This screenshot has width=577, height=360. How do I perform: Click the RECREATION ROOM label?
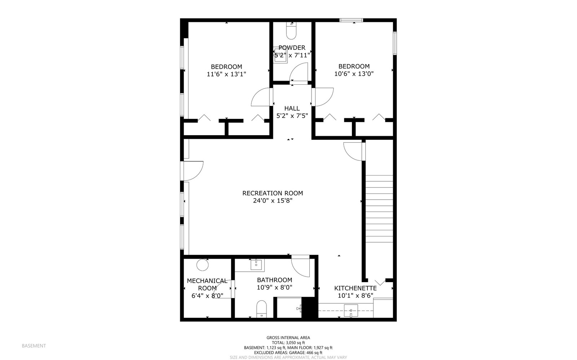click(x=272, y=193)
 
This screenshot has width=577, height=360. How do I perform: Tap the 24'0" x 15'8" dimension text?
click(x=272, y=201)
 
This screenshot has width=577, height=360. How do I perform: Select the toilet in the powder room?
click(x=291, y=31)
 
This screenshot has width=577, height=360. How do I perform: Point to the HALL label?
click(x=292, y=108)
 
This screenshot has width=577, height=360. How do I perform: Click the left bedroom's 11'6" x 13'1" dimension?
click(x=226, y=74)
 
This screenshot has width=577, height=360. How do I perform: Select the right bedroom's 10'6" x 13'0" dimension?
click(x=354, y=74)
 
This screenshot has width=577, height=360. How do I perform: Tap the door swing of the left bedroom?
click(x=260, y=97)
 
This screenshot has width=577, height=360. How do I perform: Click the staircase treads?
click(x=379, y=209)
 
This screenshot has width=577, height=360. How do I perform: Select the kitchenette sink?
click(x=351, y=310)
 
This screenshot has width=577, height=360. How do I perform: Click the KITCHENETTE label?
click(x=355, y=288)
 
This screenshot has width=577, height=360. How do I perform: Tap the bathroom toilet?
click(x=261, y=309)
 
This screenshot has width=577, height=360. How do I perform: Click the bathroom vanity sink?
click(x=256, y=265)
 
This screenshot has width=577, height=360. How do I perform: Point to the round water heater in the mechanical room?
click(x=202, y=265)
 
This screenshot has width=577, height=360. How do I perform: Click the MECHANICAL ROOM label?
click(x=207, y=284)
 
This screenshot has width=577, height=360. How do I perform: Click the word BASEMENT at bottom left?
click(x=34, y=346)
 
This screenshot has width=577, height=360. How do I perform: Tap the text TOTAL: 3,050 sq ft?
click(x=288, y=343)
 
